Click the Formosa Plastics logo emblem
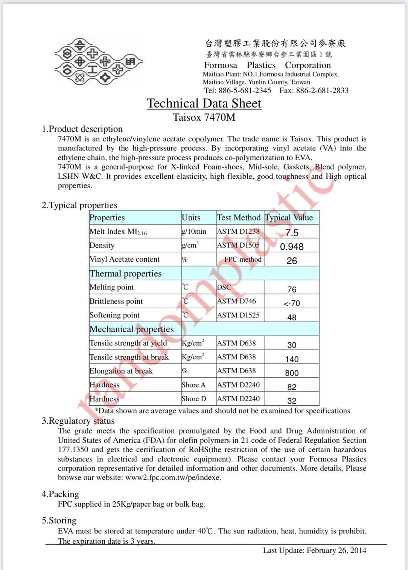(x=98, y=61)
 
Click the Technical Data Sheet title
(x=204, y=103)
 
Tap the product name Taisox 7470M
(x=204, y=117)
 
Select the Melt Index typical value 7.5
(x=292, y=233)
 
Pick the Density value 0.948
(x=292, y=247)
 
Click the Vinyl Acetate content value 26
(x=292, y=260)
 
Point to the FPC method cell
(x=242, y=259)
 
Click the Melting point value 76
(x=292, y=289)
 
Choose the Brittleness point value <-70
(x=292, y=303)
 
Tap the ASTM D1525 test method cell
(x=238, y=315)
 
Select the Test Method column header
(x=239, y=218)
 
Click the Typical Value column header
(x=289, y=218)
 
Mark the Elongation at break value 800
(x=292, y=373)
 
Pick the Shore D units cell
(x=194, y=399)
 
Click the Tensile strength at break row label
(x=129, y=357)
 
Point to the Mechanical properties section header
(x=132, y=329)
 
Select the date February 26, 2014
(x=336, y=550)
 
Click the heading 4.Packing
(x=60, y=494)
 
